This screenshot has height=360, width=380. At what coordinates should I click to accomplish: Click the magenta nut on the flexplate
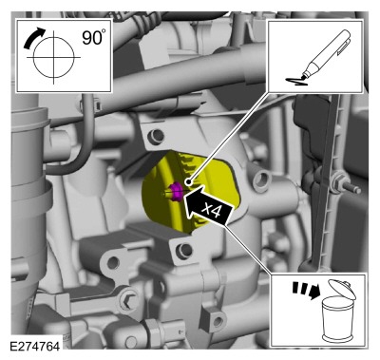coord(175,192)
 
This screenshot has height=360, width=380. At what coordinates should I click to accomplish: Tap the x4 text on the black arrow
coord(212,210)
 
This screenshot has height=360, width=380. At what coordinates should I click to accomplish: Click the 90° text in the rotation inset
coord(92,37)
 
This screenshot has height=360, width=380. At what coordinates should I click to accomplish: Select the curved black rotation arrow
coord(33,37)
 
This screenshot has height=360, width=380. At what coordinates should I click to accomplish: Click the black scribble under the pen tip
coord(296,82)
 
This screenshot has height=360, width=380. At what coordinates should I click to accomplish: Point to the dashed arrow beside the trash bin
coord(306,290)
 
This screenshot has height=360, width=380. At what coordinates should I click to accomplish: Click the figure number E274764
coord(35,346)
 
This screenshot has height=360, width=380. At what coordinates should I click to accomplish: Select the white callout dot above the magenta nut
coord(189,181)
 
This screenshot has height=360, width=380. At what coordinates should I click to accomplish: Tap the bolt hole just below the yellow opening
coord(184,250)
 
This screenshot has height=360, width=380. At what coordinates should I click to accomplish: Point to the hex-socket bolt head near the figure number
coord(127,300)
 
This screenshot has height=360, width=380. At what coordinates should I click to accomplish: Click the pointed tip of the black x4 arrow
coord(183,199)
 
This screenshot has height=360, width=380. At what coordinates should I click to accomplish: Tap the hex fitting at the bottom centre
coord(155,331)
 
